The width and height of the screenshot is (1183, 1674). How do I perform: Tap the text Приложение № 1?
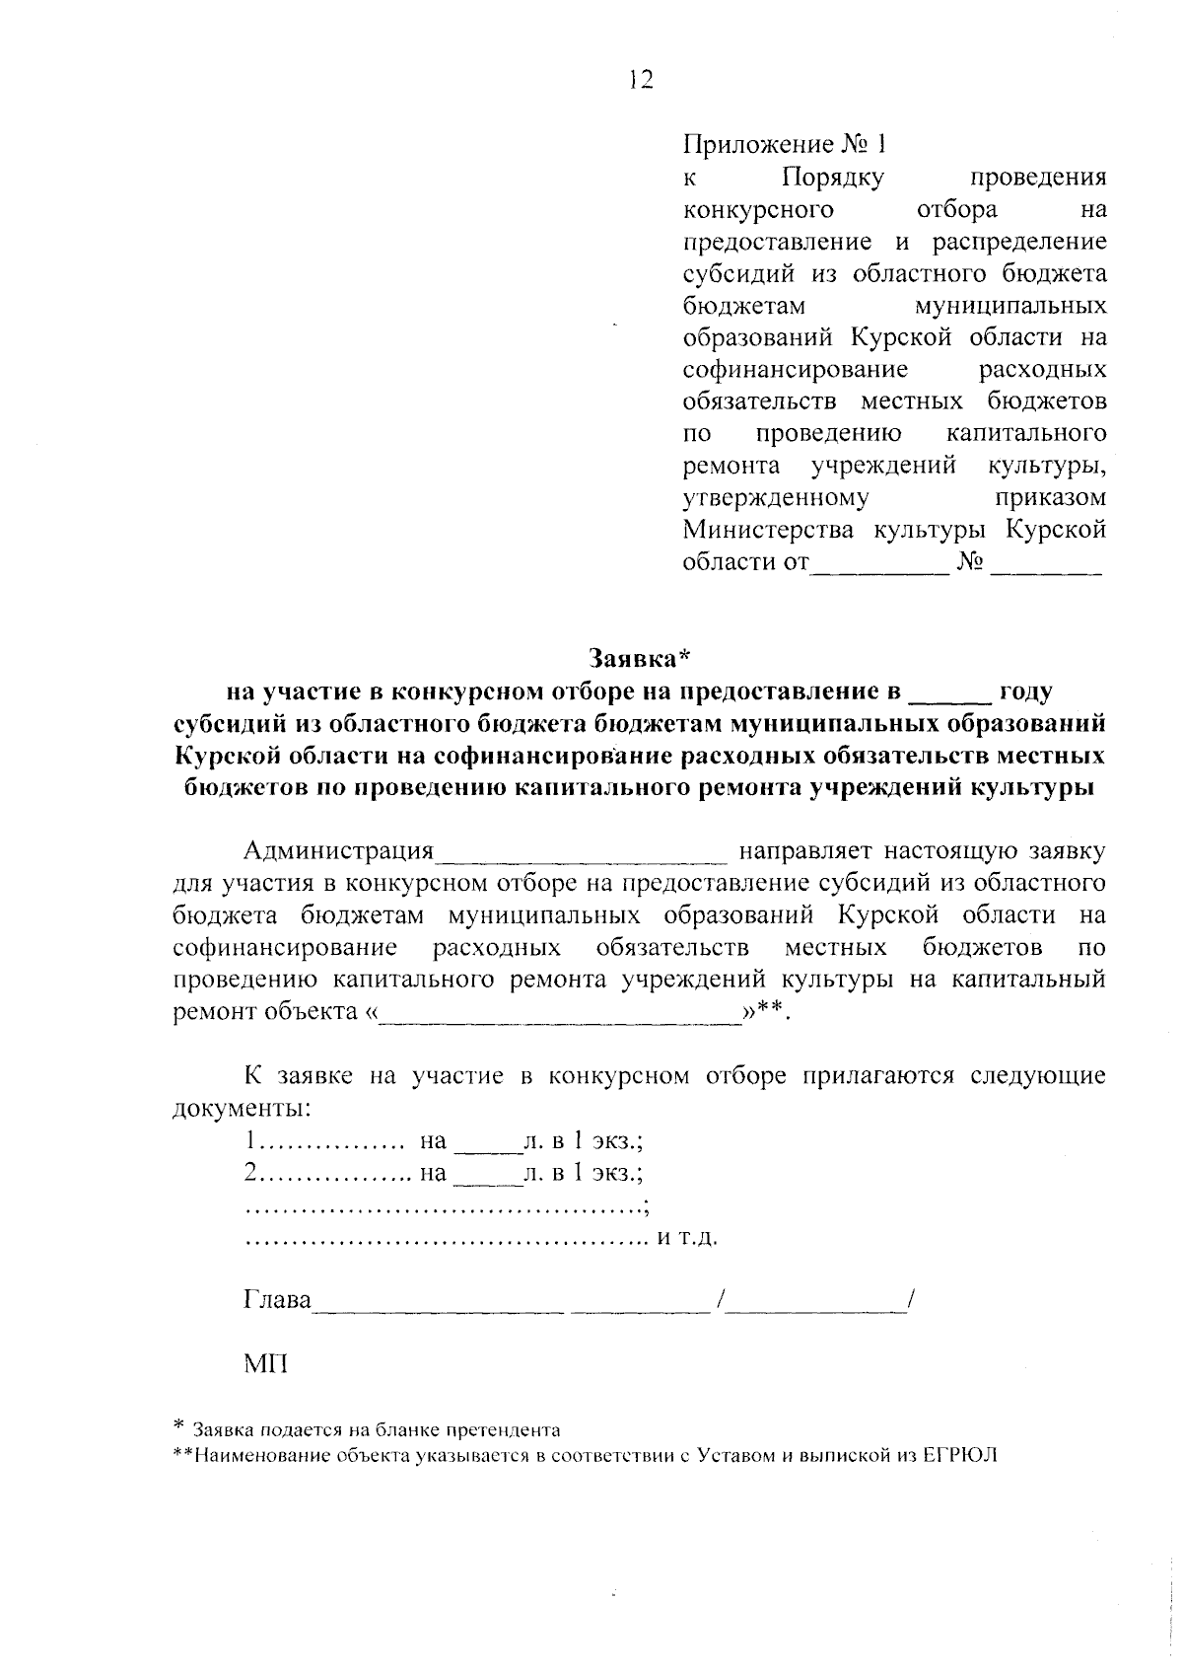tap(785, 145)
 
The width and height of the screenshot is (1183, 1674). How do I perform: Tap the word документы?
tap(242, 1108)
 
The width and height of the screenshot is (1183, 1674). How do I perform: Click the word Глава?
tap(277, 1300)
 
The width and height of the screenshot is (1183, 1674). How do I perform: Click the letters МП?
tap(265, 1365)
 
